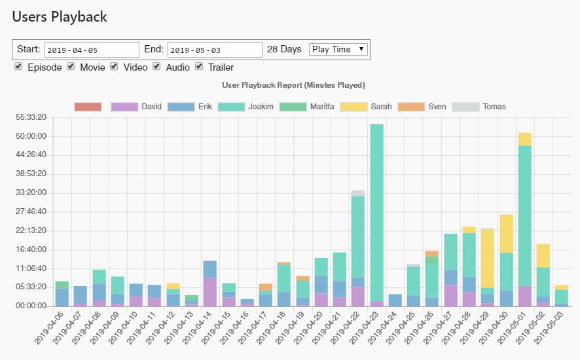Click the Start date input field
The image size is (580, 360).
(92, 50)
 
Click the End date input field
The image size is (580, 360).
(215, 50)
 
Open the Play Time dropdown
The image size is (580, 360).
(338, 49)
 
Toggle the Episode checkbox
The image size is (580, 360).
(18, 67)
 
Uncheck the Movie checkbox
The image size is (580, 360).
(71, 67)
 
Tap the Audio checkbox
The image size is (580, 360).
(156, 67)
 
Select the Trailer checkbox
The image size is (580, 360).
(199, 67)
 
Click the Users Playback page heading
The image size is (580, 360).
(60, 17)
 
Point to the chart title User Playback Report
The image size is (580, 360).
(293, 85)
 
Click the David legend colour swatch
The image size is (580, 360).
(124, 107)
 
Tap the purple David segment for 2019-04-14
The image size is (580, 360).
(209, 291)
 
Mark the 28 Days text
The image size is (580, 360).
(284, 50)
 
